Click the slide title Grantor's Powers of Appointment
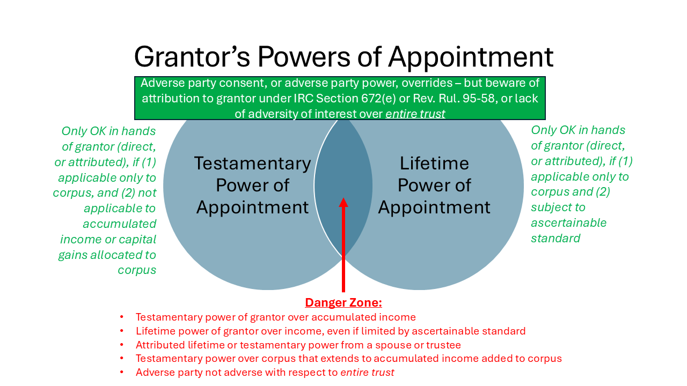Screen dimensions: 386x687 343,57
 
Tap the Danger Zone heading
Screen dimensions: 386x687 343,303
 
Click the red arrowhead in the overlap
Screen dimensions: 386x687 343,202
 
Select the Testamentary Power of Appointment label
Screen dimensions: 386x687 252,185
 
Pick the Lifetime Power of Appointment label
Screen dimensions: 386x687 434,185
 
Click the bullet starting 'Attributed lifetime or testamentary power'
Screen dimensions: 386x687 298,345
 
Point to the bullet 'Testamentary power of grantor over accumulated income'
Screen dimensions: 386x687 275,317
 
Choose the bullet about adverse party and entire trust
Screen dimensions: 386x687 265,373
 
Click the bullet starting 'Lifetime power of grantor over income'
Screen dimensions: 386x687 330,331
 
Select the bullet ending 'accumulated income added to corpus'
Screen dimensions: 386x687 348,359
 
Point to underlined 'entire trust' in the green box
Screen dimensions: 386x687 415,114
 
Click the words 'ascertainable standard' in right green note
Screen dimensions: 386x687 568,230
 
